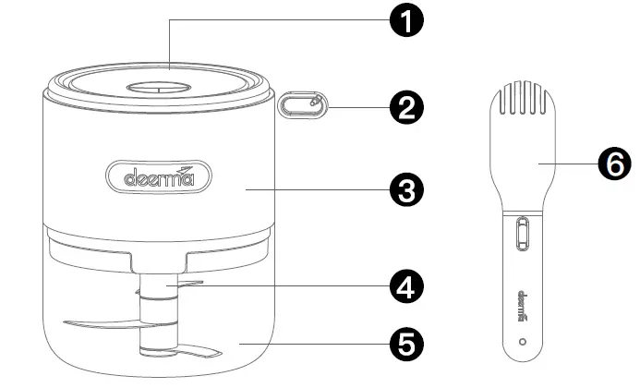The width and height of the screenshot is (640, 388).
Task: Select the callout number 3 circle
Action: [x=404, y=190]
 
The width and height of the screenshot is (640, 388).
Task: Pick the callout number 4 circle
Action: [x=404, y=287]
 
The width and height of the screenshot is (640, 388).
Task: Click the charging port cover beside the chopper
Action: [x=301, y=104]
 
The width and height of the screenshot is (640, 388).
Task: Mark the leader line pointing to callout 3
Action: [x=314, y=190]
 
